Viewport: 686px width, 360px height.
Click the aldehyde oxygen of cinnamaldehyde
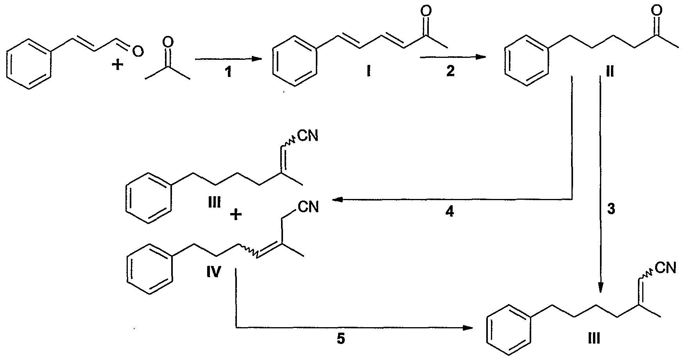(x=137, y=50)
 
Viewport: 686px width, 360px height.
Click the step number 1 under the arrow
(x=228, y=72)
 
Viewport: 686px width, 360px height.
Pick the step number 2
(x=451, y=71)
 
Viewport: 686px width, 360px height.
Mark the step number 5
(x=341, y=339)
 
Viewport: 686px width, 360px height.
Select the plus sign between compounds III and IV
(x=235, y=214)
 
